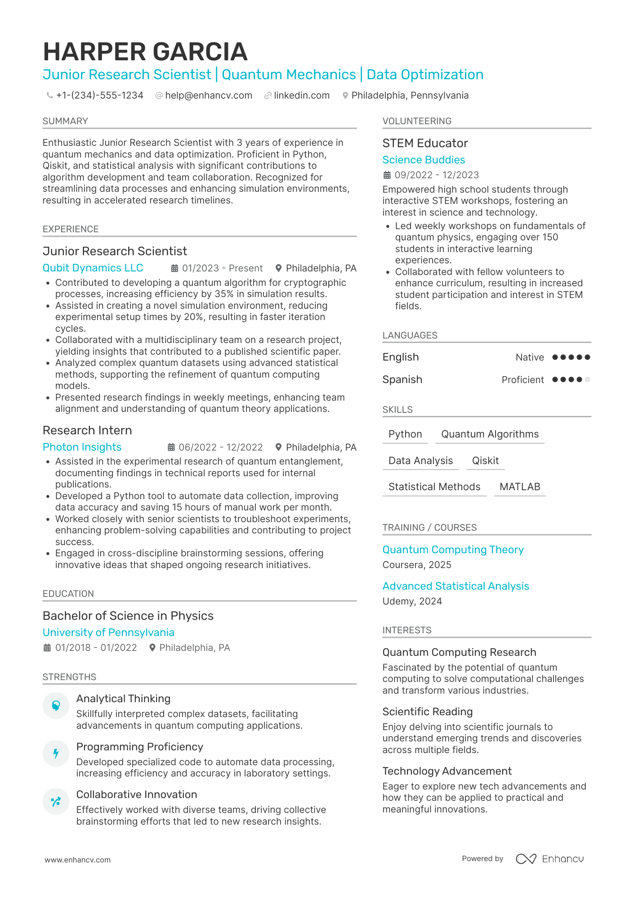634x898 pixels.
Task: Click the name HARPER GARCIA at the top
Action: click(x=145, y=52)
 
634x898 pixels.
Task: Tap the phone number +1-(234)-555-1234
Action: click(x=99, y=95)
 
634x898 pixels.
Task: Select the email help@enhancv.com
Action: click(x=208, y=95)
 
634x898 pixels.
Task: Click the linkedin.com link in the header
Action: click(x=301, y=95)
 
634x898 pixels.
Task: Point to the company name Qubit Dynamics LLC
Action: click(x=93, y=268)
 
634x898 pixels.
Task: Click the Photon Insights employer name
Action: click(x=82, y=447)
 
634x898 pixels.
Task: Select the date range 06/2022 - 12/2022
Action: click(x=220, y=447)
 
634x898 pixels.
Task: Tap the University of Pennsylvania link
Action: click(x=108, y=632)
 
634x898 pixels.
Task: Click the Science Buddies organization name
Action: click(x=424, y=160)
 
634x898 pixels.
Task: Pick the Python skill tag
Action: click(x=405, y=434)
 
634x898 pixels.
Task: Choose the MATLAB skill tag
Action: click(x=520, y=487)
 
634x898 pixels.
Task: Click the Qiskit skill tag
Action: click(x=485, y=460)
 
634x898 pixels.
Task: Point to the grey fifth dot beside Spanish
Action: click(x=587, y=379)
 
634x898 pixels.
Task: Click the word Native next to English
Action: click(x=530, y=357)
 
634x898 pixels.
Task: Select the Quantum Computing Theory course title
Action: click(x=453, y=550)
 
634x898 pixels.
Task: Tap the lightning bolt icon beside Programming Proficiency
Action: click(x=56, y=753)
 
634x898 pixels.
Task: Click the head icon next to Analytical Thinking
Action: click(x=56, y=705)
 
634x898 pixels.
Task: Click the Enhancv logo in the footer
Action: click(x=549, y=859)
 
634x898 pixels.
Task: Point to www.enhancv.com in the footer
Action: click(x=77, y=860)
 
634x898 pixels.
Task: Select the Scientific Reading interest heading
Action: click(x=427, y=712)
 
